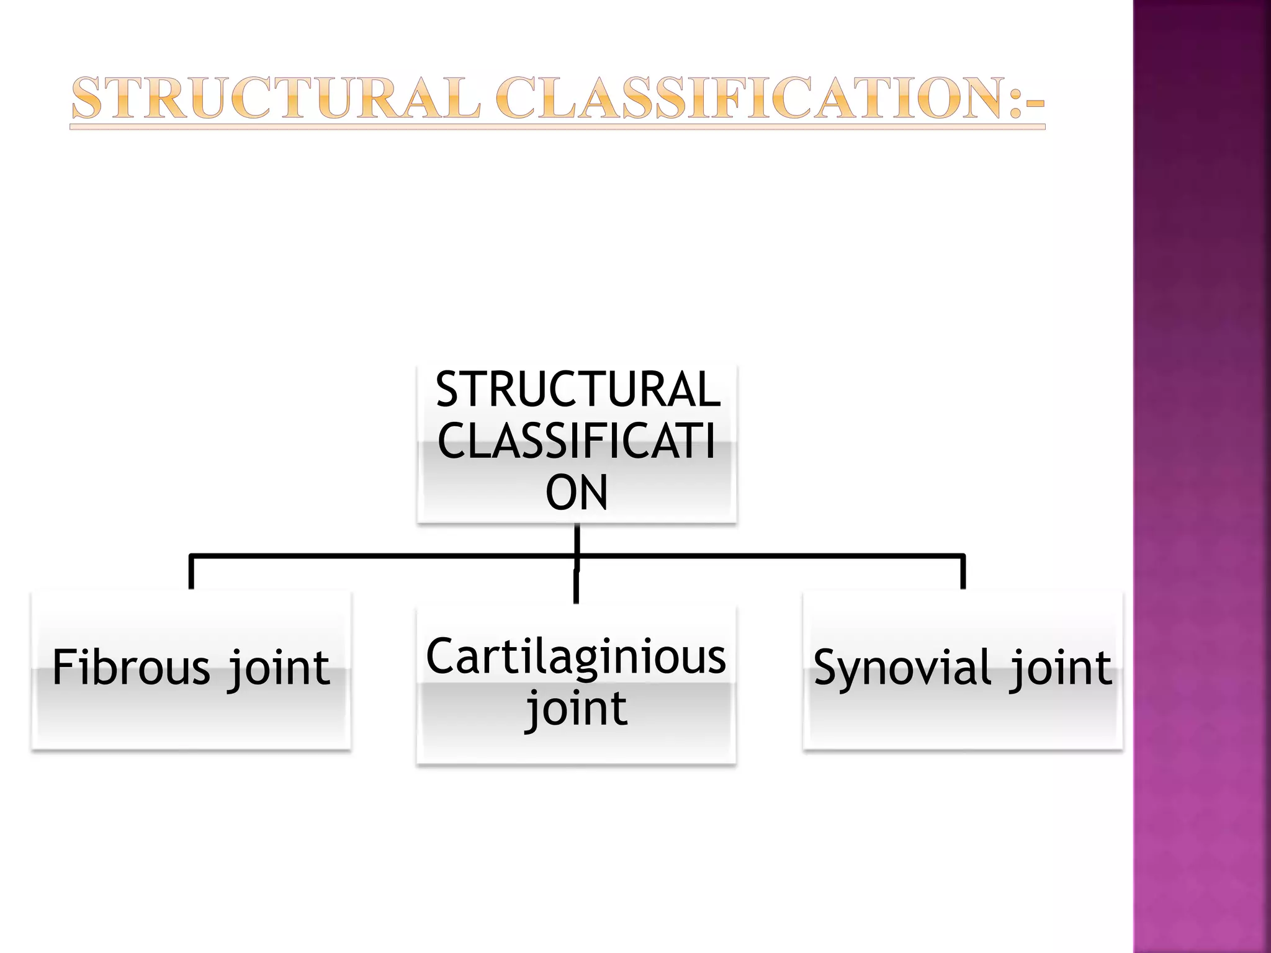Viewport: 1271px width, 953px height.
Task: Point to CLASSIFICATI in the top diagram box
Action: click(x=577, y=441)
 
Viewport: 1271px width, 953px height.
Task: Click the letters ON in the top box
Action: click(x=577, y=493)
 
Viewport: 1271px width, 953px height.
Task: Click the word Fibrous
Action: click(x=132, y=668)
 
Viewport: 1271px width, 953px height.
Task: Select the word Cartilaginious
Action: click(x=576, y=656)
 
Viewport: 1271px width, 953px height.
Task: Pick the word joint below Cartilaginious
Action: click(x=577, y=709)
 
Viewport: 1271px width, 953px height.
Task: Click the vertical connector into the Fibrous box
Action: click(x=191, y=572)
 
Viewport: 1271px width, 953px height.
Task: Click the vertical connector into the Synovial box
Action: click(x=963, y=572)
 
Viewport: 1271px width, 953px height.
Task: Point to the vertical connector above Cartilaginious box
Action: click(x=577, y=586)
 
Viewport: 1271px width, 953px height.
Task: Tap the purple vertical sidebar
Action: click(x=1201, y=476)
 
